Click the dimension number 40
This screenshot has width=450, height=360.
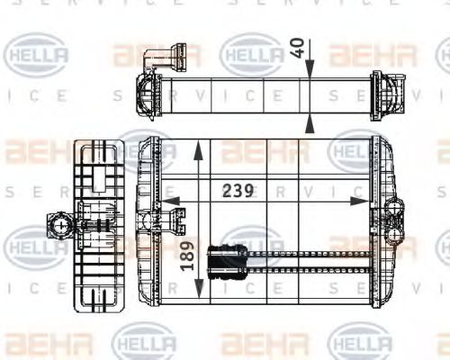[297, 48]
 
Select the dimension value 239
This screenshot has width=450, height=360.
[238, 192]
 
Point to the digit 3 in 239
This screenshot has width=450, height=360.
[238, 192]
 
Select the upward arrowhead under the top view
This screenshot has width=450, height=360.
[309, 119]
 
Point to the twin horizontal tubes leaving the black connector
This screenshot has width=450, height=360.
[306, 261]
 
